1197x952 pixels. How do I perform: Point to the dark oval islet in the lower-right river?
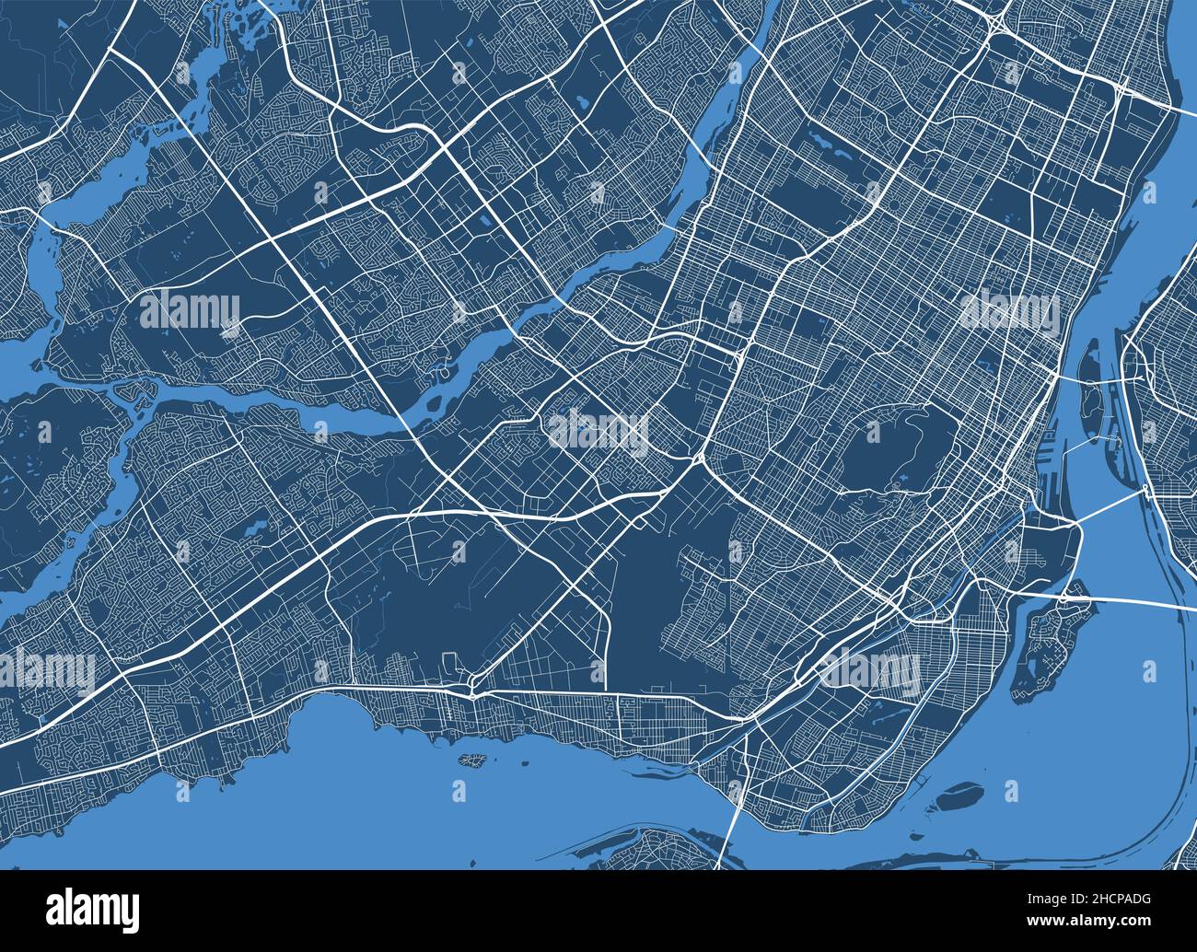[960, 791]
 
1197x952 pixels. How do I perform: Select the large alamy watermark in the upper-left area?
[189, 309]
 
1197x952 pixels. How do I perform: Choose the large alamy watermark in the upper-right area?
[1008, 309]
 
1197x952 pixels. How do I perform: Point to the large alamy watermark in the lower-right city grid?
[870, 668]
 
